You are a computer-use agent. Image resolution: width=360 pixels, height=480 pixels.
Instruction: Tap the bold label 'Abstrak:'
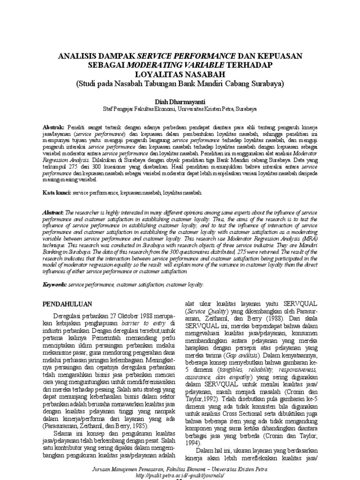click(53, 127)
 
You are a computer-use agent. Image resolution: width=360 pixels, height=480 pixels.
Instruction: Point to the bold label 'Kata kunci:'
click(55, 192)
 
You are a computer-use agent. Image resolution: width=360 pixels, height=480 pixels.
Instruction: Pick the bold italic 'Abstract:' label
click(53, 212)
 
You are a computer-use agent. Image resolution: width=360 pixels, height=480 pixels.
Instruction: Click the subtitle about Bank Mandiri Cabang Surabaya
click(180, 83)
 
